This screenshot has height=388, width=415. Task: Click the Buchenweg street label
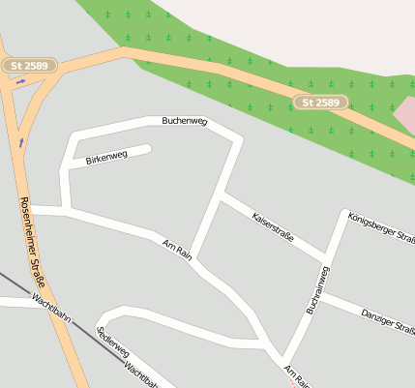(185, 121)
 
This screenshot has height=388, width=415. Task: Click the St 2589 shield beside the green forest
(320, 103)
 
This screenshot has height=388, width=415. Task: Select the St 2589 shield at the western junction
(30, 66)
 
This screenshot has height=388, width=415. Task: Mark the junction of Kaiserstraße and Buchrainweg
(327, 262)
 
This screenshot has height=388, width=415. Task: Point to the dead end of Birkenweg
(148, 149)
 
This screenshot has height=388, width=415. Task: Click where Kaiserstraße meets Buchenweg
(221, 194)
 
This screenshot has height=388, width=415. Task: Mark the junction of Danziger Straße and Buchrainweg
(311, 295)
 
